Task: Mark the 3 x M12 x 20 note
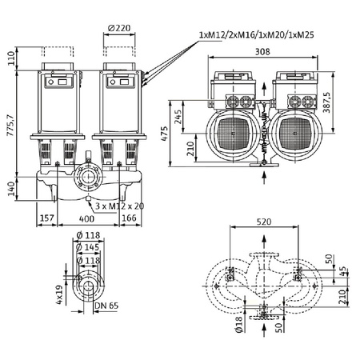coord(118,206)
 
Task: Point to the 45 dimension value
coord(345,270)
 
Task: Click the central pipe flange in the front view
coord(86,177)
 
